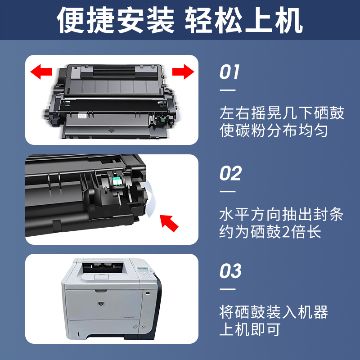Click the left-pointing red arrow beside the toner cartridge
tap(41, 71)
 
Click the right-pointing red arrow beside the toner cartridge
tap(183, 71)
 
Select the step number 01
tap(229, 72)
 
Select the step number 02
tap(230, 174)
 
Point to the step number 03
tap(230, 271)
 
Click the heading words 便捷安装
tap(115, 21)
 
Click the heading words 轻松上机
tap(246, 21)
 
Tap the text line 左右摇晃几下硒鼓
tap(282, 112)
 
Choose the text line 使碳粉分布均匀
tap(274, 131)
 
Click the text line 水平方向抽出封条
tap(282, 214)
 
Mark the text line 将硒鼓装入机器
tap(274, 311)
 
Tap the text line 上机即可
tap(250, 330)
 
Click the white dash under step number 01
tap(227, 90)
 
